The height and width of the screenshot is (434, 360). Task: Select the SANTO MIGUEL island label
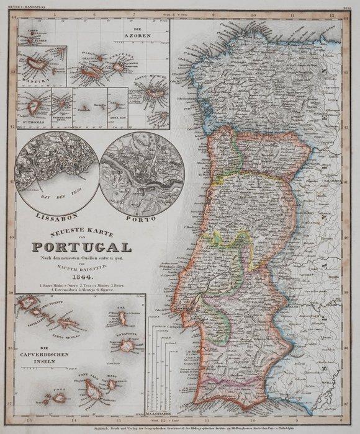pos(152,77)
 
